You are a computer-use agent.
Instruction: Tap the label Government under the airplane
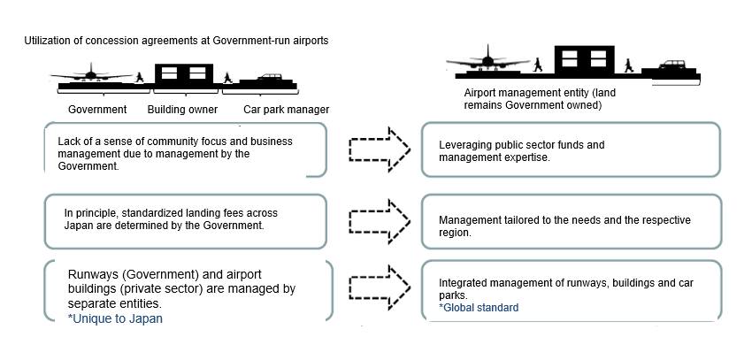[x=97, y=110]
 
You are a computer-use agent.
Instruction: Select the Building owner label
[x=183, y=110]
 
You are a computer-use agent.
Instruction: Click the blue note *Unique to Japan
[x=115, y=318]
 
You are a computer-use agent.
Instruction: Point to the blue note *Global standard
[x=478, y=308]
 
